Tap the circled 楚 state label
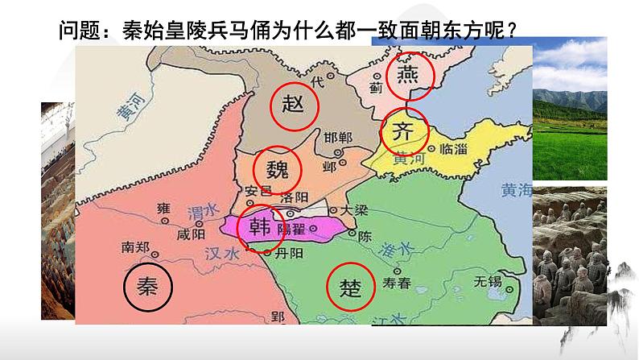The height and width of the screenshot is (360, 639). coord(352,288)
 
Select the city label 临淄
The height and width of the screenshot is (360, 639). coord(453,150)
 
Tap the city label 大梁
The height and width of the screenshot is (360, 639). coord(354,209)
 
